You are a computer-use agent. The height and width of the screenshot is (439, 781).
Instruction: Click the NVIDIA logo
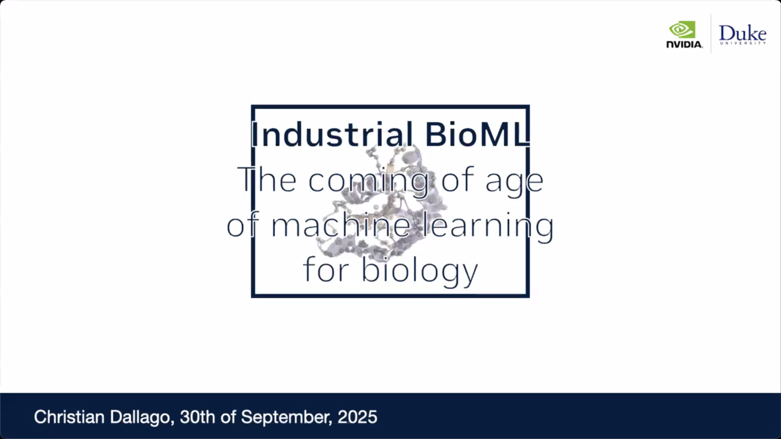(685, 35)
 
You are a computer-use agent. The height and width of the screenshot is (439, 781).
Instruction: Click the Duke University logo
(743, 35)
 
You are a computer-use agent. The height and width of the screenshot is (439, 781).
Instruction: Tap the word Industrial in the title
(332, 134)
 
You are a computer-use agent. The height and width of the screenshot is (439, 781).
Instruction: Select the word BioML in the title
(477, 134)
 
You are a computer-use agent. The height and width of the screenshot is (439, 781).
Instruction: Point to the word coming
(368, 181)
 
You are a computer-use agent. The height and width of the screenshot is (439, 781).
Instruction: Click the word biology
(420, 271)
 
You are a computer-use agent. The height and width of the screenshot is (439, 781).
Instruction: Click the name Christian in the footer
(69, 417)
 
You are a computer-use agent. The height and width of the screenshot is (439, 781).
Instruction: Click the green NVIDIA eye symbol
(682, 29)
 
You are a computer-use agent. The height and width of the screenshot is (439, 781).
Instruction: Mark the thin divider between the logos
(711, 34)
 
